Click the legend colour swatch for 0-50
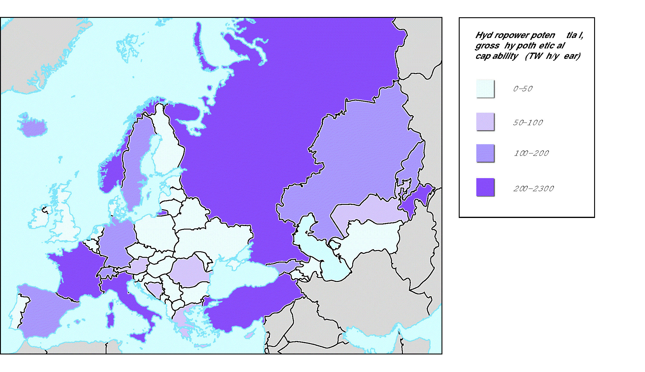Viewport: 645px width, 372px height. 485,89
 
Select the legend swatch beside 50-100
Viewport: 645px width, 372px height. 485,122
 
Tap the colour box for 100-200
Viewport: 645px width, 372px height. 485,153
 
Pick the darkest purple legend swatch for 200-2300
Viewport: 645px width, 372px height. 485,187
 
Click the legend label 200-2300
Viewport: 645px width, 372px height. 533,189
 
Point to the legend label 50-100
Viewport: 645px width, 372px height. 528,123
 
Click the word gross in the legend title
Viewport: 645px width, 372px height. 487,46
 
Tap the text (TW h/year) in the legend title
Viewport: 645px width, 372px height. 552,56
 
